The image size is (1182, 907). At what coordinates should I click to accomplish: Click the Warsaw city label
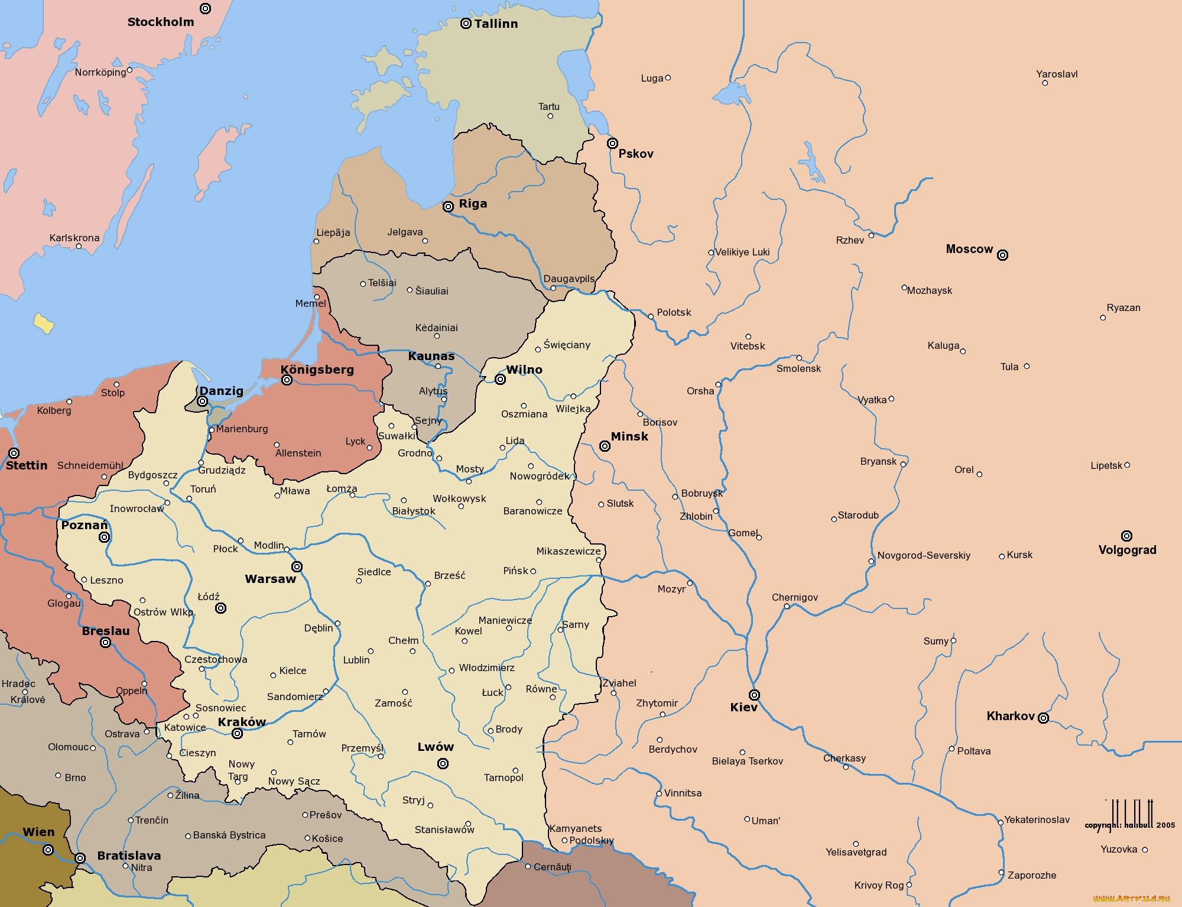pyautogui.click(x=270, y=579)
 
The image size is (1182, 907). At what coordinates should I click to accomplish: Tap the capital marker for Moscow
pyautogui.click(x=1002, y=255)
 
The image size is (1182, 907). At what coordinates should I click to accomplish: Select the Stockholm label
pyautogui.click(x=161, y=22)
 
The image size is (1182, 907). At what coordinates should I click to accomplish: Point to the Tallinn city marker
pyautogui.click(x=466, y=24)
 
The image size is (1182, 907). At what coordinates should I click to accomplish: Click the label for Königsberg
pyautogui.click(x=317, y=370)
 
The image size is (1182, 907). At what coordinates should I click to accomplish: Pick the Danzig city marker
pyautogui.click(x=202, y=401)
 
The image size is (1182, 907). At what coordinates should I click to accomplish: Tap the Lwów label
pyautogui.click(x=436, y=747)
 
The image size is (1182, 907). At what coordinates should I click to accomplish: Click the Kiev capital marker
pyautogui.click(x=754, y=695)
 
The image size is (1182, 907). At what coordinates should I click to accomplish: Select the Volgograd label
pyautogui.click(x=1127, y=550)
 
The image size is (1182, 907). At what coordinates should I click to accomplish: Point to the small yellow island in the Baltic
pyautogui.click(x=44, y=323)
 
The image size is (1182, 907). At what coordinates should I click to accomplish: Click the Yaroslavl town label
pyautogui.click(x=1057, y=74)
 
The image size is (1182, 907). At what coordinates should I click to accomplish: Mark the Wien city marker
pyautogui.click(x=48, y=850)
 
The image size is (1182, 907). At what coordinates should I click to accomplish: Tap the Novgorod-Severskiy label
pyautogui.click(x=924, y=555)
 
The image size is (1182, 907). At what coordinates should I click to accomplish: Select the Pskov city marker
pyautogui.click(x=613, y=143)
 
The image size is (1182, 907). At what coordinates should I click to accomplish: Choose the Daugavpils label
pyautogui.click(x=569, y=278)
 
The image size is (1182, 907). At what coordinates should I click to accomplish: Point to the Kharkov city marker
pyautogui.click(x=1043, y=718)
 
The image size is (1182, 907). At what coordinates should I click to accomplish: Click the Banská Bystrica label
pyautogui.click(x=229, y=835)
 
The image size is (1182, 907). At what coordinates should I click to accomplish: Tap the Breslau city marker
pyautogui.click(x=105, y=643)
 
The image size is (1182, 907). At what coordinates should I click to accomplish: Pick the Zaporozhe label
pyautogui.click(x=1032, y=875)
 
